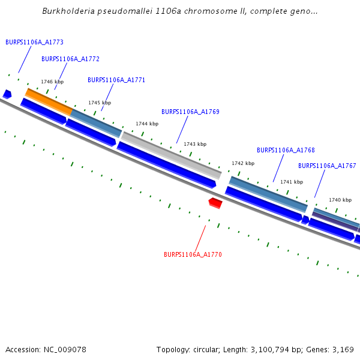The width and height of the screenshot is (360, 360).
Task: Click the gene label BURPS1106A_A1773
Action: pos(34,42)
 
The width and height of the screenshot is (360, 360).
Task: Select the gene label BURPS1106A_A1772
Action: pos(70,59)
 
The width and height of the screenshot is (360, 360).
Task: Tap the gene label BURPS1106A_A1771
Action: pos(116,80)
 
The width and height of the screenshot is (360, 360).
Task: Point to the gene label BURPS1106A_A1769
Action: pos(190,112)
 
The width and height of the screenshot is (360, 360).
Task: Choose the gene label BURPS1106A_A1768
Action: pos(286,150)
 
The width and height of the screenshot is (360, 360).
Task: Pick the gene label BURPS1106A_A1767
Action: pos(327,166)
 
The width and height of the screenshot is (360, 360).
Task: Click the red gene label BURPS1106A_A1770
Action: pos(193,254)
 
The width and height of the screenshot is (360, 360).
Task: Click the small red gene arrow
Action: pos(215,203)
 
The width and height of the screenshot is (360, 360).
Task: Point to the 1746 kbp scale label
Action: pos(52,82)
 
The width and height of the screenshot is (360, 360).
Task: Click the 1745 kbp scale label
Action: pos(100,103)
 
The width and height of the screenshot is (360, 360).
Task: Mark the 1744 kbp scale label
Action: pos(147,124)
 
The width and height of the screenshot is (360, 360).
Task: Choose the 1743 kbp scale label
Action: pos(195,144)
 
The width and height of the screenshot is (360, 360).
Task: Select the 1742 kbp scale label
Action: pos(243,163)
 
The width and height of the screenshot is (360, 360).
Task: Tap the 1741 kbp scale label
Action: pos(292,182)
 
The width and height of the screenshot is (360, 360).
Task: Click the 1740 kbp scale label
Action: pos(340,200)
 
